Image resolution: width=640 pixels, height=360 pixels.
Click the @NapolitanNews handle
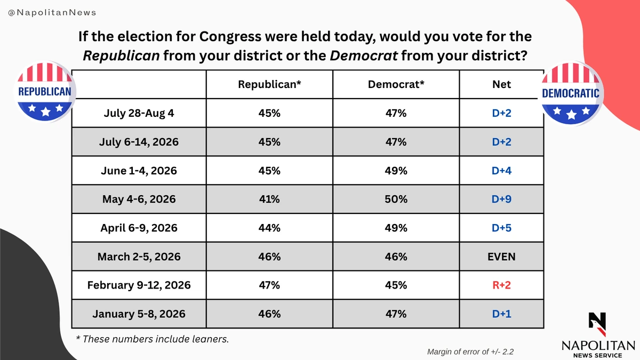(x=52, y=13)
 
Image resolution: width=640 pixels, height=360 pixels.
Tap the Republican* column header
(x=269, y=84)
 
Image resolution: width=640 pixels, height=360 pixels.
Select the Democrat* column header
(x=396, y=84)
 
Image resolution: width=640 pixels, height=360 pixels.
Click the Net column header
(x=501, y=84)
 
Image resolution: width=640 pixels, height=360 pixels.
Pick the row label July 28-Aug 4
(x=139, y=113)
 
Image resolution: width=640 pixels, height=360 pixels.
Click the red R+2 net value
(x=501, y=285)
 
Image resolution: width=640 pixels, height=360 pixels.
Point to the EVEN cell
(x=501, y=257)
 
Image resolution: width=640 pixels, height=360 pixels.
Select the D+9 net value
(x=501, y=199)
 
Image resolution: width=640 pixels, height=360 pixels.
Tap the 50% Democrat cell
(x=396, y=199)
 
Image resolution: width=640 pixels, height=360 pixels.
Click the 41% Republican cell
(x=269, y=199)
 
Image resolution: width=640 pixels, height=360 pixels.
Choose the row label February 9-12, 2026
(x=139, y=285)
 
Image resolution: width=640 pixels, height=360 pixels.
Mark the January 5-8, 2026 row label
(x=139, y=314)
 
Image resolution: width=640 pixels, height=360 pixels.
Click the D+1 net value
(x=501, y=314)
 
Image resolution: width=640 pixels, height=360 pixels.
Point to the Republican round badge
(x=45, y=91)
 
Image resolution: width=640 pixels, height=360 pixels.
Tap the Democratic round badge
(x=571, y=93)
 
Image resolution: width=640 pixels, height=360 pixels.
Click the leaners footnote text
(x=153, y=339)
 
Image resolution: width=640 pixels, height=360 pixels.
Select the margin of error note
(x=470, y=351)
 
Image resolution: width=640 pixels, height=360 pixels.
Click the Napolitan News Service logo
(x=598, y=335)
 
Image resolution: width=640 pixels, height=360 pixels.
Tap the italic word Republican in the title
(x=122, y=55)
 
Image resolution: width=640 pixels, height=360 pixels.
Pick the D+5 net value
(x=501, y=228)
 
